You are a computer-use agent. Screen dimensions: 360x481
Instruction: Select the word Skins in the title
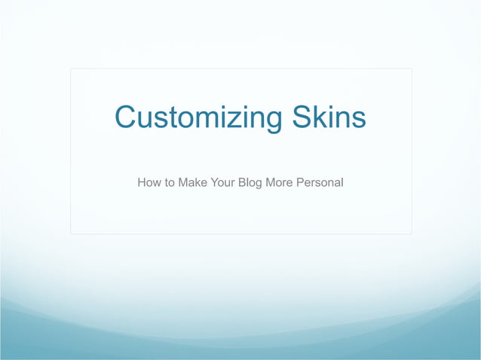(326, 118)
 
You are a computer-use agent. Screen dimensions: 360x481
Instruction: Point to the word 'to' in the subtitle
(170, 182)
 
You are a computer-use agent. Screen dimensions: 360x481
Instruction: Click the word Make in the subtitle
(192, 182)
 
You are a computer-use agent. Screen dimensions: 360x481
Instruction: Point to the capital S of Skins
(297, 118)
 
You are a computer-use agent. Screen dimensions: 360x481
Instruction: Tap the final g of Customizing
(270, 122)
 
